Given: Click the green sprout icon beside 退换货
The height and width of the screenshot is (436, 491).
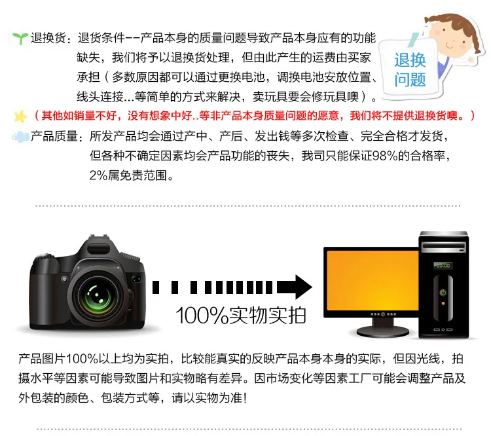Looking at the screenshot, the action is coord(20,38).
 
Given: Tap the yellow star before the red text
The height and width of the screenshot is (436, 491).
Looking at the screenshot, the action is coord(21,117).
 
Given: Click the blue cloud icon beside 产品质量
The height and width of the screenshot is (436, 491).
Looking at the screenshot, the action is coord(20,137).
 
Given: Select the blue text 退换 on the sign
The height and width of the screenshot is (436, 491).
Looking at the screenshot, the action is coord(410,60).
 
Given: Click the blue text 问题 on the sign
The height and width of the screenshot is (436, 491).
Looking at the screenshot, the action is coord(410,80).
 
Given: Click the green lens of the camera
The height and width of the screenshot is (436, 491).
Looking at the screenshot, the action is coord(97,295).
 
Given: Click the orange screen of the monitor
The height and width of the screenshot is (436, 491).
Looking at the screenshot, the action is coord(373,280).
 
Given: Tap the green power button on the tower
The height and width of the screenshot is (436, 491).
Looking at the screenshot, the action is coord(443,293).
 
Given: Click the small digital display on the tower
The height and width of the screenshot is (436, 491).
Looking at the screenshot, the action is coord(443,266).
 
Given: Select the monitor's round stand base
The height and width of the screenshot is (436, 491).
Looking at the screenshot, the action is coord(383,332).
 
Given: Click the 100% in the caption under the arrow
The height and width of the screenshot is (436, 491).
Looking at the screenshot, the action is coord(202,315).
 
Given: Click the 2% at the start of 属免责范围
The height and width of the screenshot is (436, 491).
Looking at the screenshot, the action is coord(98,175).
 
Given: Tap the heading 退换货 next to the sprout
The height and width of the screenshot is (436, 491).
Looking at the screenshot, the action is coord(48,38).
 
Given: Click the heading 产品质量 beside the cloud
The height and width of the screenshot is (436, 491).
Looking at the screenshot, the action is coord(54,137).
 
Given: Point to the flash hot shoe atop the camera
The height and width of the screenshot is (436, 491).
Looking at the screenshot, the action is coord(99,236).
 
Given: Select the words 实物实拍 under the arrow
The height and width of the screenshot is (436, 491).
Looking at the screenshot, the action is coord(268,315).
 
